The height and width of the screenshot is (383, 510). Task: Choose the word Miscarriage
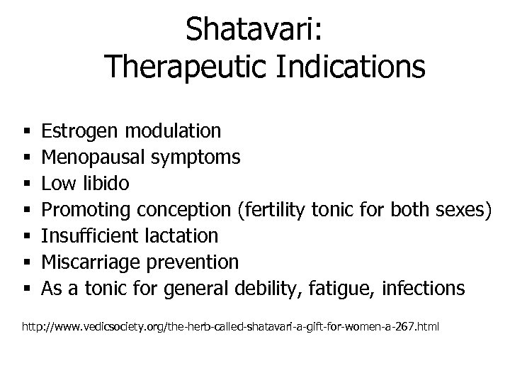(x=91, y=262)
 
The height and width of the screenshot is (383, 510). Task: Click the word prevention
(x=193, y=262)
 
